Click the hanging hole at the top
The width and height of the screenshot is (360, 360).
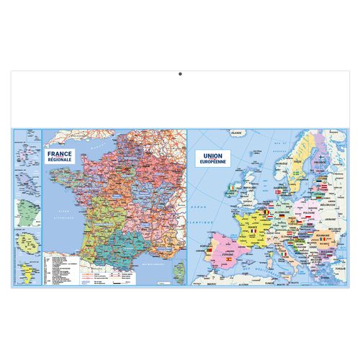[180, 72]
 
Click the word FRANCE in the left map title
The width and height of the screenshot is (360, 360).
[59, 154]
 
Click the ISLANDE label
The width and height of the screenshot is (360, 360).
[235, 133]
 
